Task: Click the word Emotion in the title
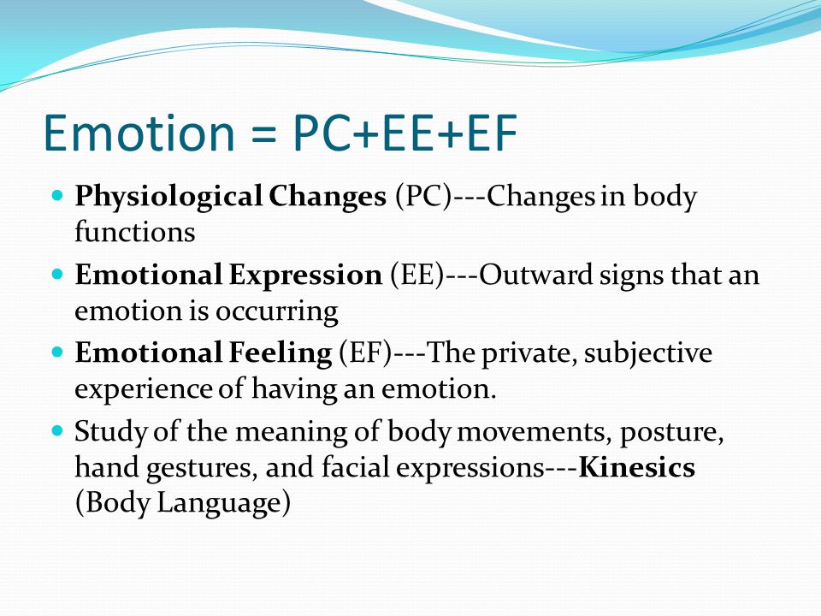coord(139,133)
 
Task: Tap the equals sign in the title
coord(263,134)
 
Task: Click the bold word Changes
coord(328,197)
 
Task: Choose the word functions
coord(134,231)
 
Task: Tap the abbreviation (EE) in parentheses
coord(416,275)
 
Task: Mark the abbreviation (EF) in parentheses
coord(365,353)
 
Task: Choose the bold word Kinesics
coord(636,467)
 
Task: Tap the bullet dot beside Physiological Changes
coord(57,196)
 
